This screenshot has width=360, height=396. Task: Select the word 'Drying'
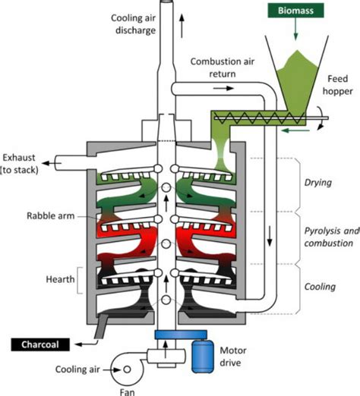point(317,184)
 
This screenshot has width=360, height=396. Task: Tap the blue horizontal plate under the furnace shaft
point(169,335)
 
